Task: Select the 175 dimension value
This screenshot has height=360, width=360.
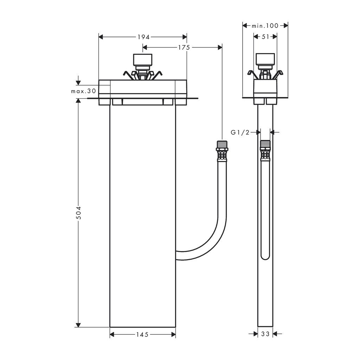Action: (x=183, y=47)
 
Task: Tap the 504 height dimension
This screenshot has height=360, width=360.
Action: (x=79, y=213)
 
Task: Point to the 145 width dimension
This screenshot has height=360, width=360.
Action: (x=142, y=334)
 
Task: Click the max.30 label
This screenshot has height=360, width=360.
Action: (x=83, y=91)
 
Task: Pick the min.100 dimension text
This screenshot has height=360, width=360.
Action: (x=265, y=26)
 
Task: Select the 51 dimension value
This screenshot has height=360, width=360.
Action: (x=265, y=36)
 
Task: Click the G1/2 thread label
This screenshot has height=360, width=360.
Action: (x=240, y=132)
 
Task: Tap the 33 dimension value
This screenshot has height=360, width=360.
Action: (x=265, y=334)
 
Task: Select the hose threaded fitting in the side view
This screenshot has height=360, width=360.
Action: (x=265, y=150)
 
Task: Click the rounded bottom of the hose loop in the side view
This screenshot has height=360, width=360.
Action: (x=265, y=257)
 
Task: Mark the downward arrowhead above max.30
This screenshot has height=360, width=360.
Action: (x=78, y=82)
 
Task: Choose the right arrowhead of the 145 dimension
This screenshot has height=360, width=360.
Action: (x=173, y=334)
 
